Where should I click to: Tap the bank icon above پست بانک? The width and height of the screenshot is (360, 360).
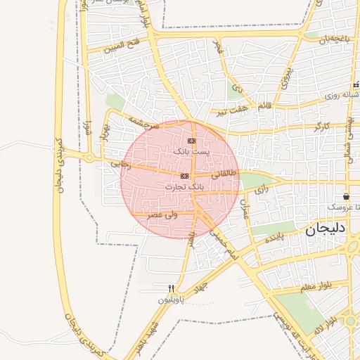coord(191,141)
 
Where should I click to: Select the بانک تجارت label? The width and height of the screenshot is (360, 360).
coord(184,187)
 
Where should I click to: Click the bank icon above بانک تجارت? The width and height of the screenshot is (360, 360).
coord(184,176)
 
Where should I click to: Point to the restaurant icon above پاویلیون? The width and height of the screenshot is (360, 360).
coord(171,288)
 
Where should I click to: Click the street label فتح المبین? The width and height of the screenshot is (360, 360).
coord(123,47)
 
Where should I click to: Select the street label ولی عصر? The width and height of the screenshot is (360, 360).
coord(162,214)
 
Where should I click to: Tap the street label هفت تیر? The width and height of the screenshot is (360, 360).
coord(231,110)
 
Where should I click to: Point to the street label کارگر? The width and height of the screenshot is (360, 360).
coord(322,127)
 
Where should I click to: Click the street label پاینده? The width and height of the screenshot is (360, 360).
coord(274,238)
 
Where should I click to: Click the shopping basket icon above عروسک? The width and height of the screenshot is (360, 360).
coord(346,196)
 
